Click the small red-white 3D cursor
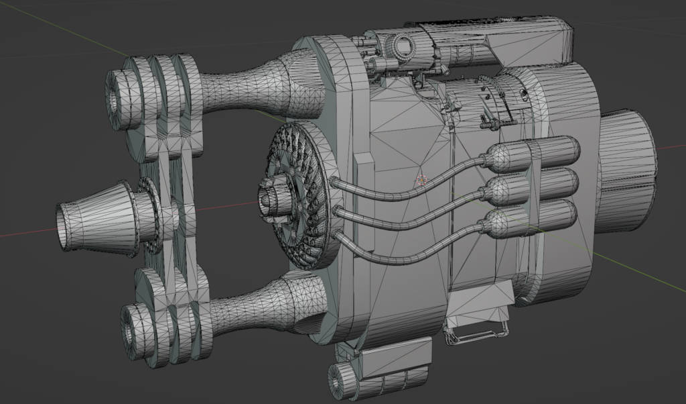[x=421, y=180]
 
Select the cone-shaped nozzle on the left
[x=94, y=217]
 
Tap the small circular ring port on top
[x=403, y=46]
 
